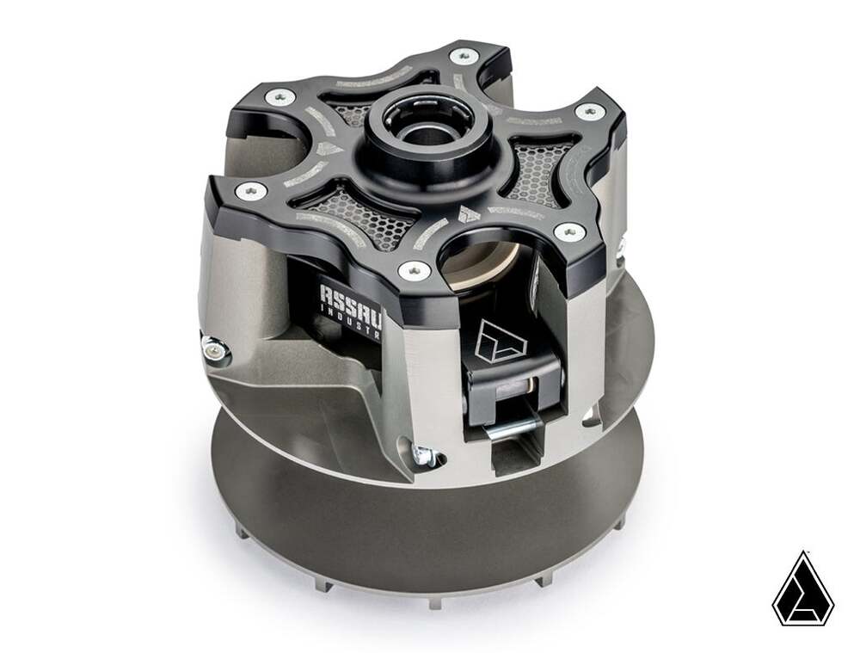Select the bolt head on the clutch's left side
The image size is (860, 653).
point(211,349)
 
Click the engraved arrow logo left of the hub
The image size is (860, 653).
point(329,148)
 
